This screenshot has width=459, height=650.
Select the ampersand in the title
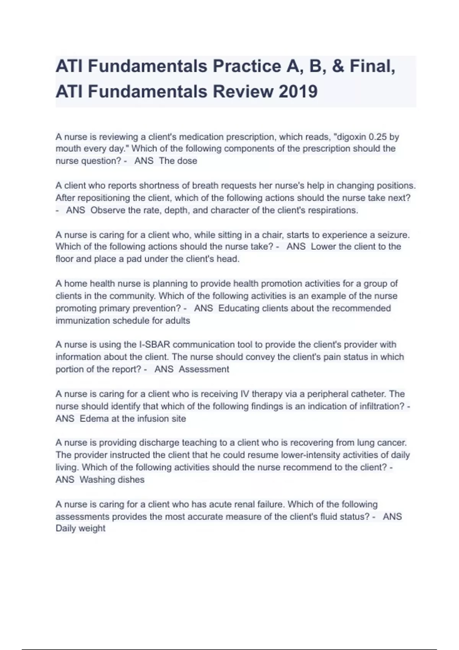[338, 66]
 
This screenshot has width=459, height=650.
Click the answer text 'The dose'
[178, 161]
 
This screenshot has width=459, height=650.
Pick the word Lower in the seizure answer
[323, 247]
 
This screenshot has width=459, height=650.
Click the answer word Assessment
[204, 369]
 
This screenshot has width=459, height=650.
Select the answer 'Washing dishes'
[112, 480]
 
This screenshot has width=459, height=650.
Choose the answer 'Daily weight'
[80, 528]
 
